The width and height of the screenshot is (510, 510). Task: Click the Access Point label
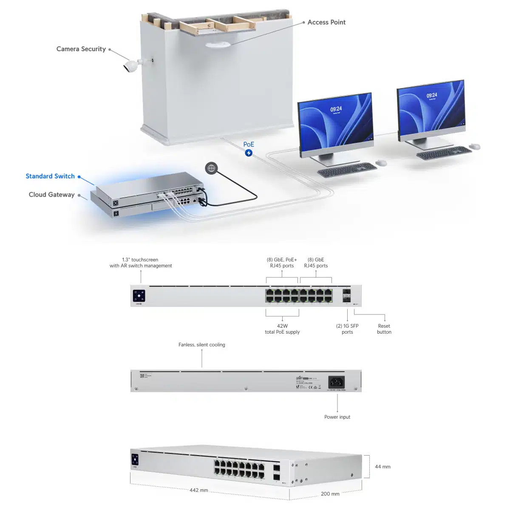[326, 22]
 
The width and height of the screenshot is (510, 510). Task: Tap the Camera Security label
[81, 49]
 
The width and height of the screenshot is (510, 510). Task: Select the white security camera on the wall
[132, 66]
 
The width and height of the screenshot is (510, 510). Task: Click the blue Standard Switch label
[50, 176]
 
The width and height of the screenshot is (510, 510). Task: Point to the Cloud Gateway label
[51, 195]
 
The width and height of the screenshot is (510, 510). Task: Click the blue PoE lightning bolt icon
[249, 153]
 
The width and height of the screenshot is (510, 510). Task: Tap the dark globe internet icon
[211, 168]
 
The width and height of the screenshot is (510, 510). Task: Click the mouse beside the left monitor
[381, 163]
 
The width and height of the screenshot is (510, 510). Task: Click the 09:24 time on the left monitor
[336, 109]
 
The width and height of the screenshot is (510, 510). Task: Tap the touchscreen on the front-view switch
[139, 295]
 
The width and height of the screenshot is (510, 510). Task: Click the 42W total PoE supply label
[282, 329]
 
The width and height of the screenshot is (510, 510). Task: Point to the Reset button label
[384, 329]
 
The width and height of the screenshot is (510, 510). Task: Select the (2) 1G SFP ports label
[347, 329]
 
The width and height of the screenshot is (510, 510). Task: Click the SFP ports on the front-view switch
[346, 295]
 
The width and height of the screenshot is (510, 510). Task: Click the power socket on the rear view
[336, 382]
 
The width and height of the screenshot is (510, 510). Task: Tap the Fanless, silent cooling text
[202, 345]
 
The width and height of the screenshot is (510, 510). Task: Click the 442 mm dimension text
[199, 490]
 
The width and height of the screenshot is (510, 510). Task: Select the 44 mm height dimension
[382, 467]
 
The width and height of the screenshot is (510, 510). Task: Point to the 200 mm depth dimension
[330, 494]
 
